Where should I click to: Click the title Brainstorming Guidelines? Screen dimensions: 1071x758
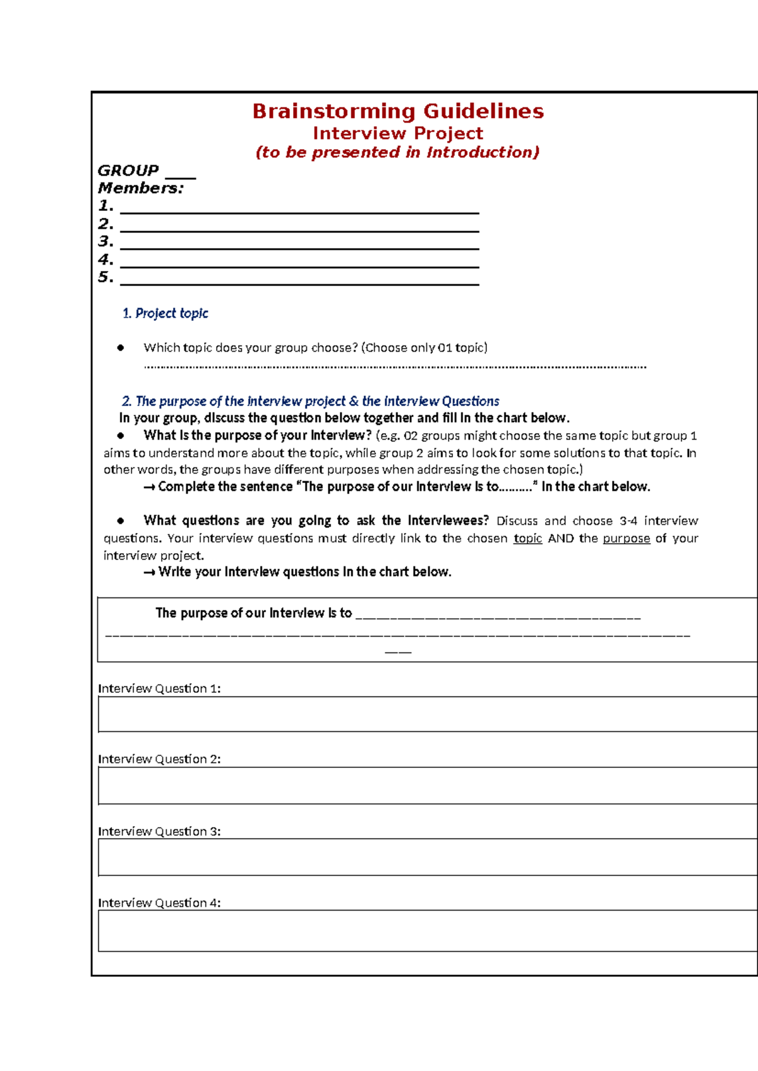(398, 111)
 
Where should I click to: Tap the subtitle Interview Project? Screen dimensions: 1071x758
(398, 133)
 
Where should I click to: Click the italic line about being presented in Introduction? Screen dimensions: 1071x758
(398, 152)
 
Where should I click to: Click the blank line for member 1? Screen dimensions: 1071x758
(299, 211)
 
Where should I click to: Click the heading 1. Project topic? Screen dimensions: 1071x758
(165, 313)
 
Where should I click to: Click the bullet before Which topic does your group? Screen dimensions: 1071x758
(121, 347)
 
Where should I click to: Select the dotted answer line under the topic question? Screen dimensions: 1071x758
(395, 366)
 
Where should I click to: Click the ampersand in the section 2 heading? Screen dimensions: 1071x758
(354, 401)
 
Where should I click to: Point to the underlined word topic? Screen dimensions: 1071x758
(527, 538)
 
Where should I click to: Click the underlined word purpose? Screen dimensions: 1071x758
(626, 538)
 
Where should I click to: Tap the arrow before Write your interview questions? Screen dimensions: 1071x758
(149, 572)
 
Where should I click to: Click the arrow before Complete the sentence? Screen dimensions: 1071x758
(149, 487)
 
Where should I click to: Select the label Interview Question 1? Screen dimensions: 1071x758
(159, 688)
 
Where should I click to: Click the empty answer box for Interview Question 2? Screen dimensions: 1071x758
(427, 786)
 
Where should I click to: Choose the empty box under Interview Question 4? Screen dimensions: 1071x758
(427, 930)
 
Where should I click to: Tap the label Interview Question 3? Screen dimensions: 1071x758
(159, 831)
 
